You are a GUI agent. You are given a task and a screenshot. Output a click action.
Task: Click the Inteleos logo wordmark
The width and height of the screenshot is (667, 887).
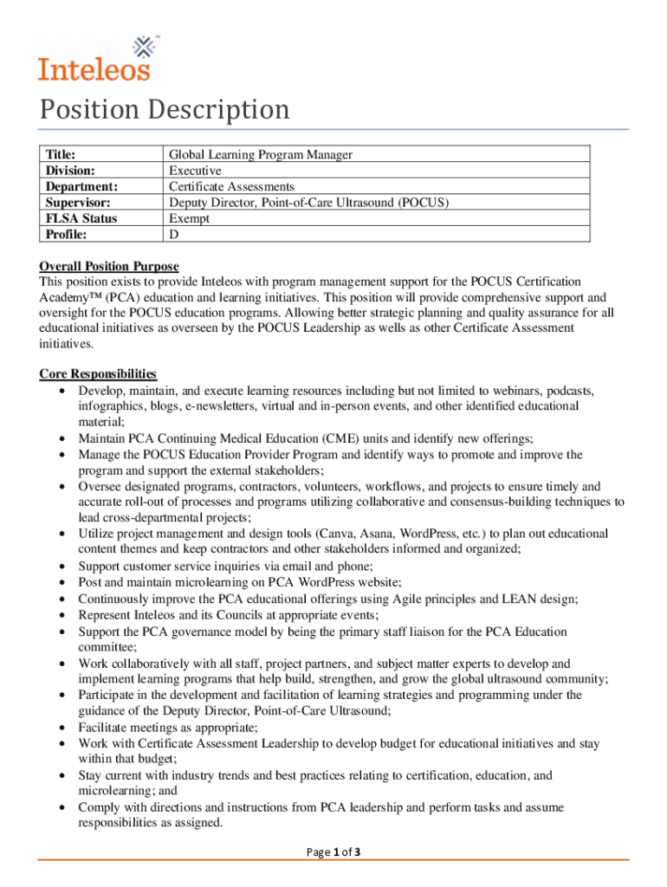(x=94, y=67)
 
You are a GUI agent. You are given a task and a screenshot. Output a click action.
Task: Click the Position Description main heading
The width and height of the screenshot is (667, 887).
(x=165, y=111)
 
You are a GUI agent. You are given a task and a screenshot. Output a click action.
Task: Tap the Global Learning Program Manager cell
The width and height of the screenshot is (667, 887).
(x=260, y=155)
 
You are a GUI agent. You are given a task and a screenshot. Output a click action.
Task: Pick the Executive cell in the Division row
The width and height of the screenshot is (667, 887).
(x=195, y=171)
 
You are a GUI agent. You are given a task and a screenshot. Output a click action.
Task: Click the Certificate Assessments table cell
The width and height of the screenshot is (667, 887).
(x=231, y=186)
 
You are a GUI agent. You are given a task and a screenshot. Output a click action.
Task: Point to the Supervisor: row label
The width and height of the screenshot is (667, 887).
(x=80, y=203)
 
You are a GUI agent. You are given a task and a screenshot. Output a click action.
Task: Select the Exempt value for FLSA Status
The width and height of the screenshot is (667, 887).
(x=189, y=218)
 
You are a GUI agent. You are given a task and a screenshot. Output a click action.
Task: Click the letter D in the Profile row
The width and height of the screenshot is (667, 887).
(x=173, y=234)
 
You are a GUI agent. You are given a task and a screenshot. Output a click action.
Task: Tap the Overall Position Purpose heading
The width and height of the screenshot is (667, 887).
(x=109, y=266)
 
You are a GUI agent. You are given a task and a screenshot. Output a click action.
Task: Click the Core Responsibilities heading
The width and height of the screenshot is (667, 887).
(x=98, y=374)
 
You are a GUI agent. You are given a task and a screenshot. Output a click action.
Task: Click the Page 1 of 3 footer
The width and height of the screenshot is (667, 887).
(x=333, y=852)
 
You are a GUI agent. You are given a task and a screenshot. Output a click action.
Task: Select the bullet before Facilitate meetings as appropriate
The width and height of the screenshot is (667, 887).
(x=62, y=728)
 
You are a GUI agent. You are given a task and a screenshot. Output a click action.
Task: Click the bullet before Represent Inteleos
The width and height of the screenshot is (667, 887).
(x=62, y=615)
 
